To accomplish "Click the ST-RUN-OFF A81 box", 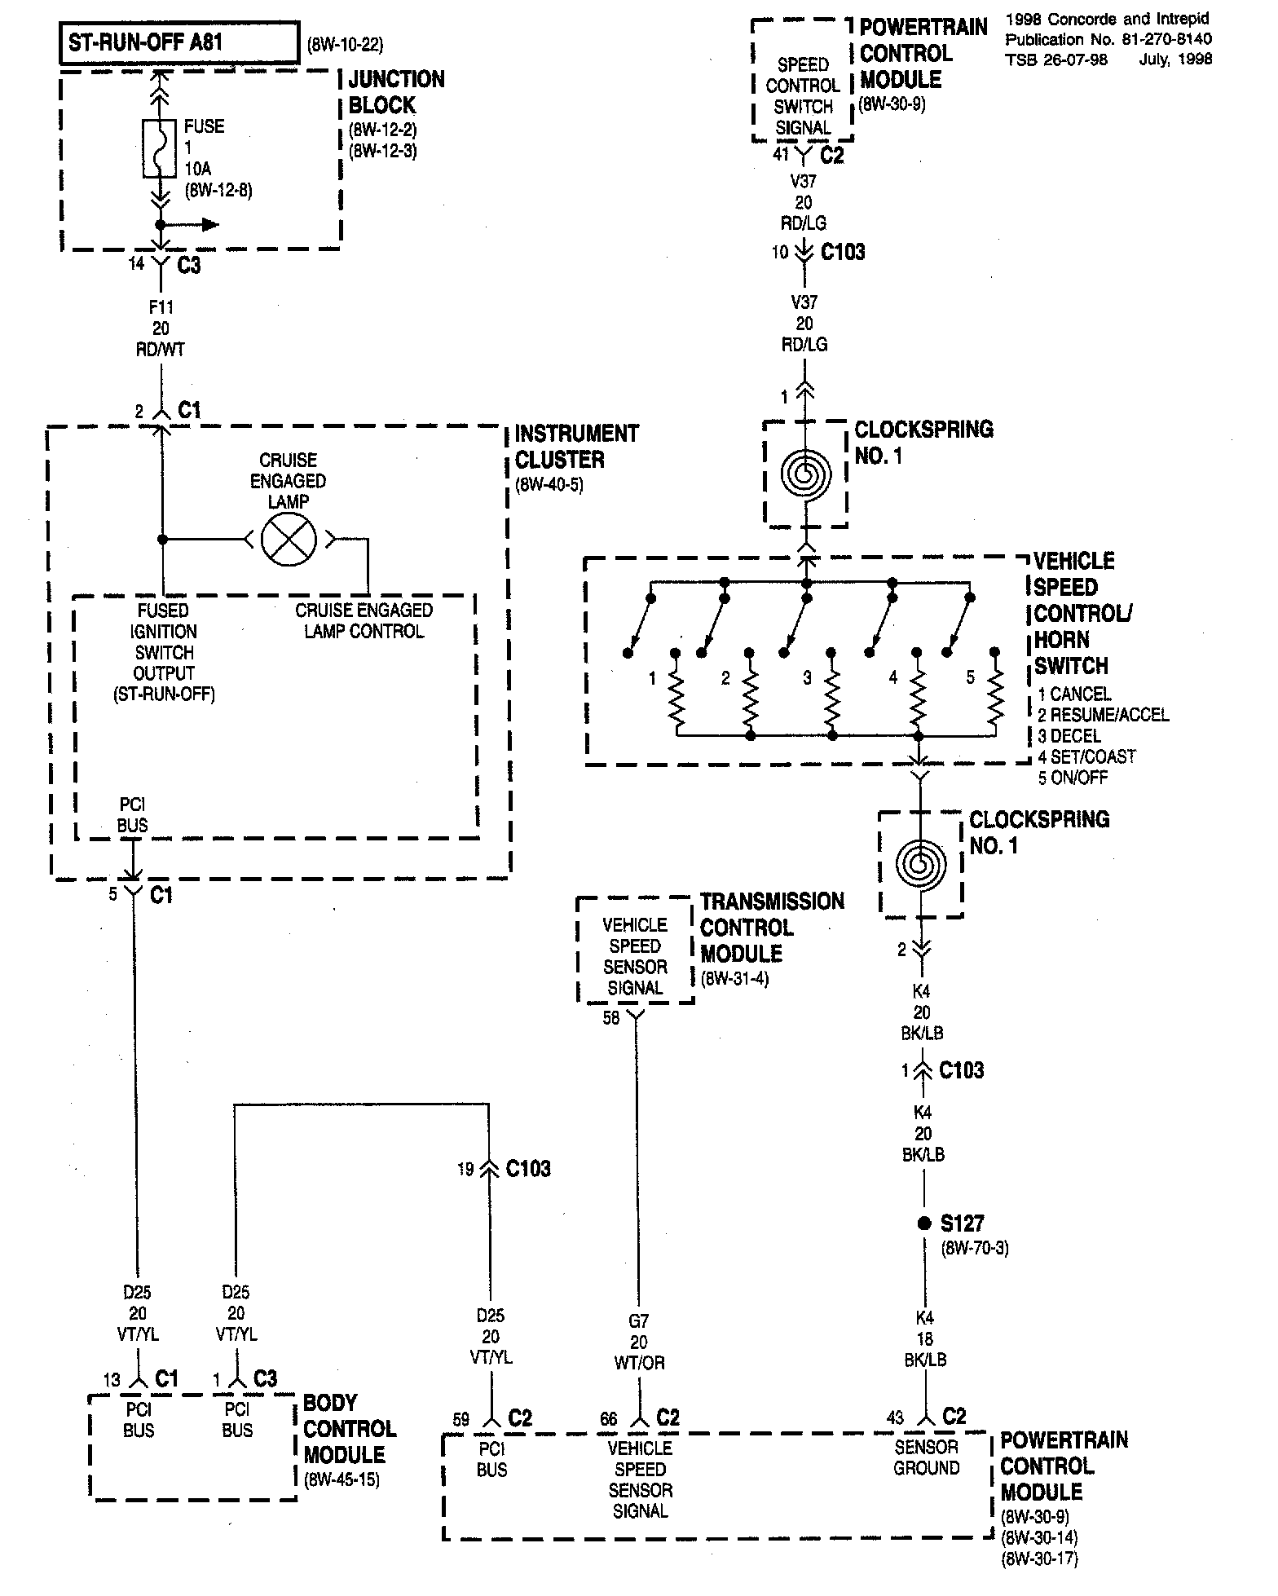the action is [x=178, y=43].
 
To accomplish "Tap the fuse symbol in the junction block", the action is [x=161, y=148].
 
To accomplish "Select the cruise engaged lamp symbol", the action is [x=289, y=539].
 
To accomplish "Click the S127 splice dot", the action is [x=923, y=1223].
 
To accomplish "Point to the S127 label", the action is [x=963, y=1223].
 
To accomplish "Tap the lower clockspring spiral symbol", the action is [x=921, y=864].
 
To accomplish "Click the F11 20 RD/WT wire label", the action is [x=161, y=328].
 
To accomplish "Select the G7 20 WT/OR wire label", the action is [x=639, y=1342].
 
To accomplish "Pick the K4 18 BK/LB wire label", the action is [x=925, y=1338].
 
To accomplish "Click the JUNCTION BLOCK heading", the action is [x=396, y=92].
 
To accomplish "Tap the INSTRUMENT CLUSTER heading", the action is [x=576, y=447].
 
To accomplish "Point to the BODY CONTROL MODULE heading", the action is [x=350, y=1429].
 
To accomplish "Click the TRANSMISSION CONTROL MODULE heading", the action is [x=772, y=928].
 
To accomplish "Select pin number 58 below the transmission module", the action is [x=611, y=1018].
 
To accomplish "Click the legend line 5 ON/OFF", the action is [x=1073, y=778].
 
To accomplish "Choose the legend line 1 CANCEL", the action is [x=1074, y=694].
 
